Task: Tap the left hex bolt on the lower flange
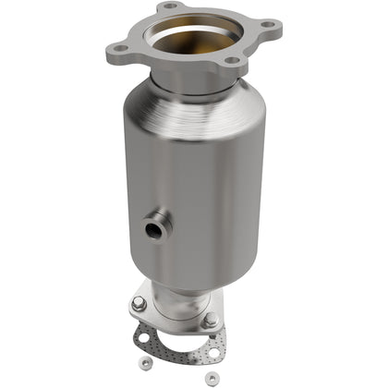point(138,304)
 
